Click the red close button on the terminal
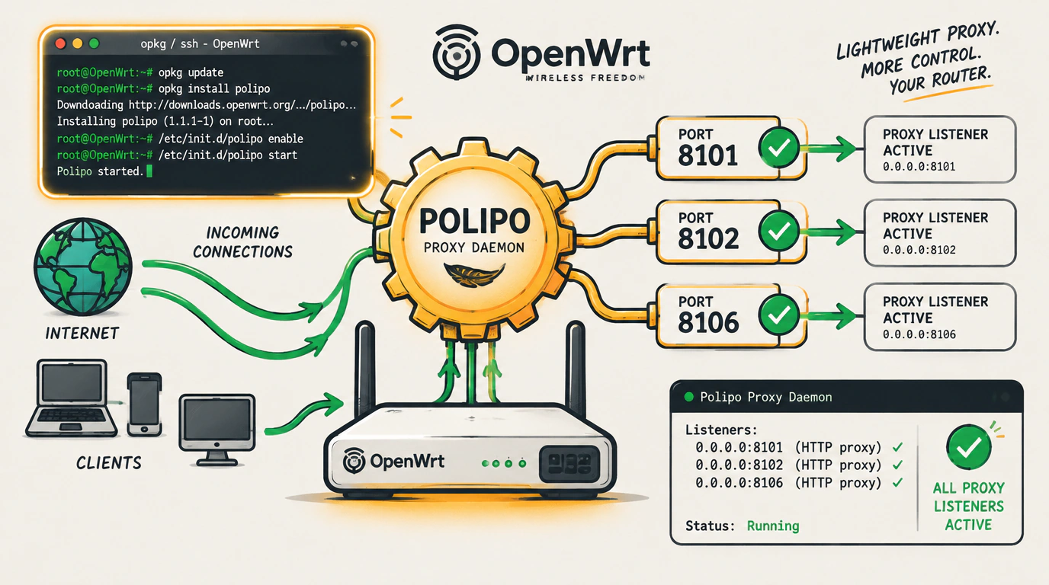point(60,43)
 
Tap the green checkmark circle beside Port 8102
point(779,231)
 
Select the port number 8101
point(707,156)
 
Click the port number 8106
point(708,323)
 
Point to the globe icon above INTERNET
point(83,266)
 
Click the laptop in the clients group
point(71,398)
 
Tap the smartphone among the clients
point(144,404)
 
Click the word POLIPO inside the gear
point(474,221)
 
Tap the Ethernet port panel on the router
point(569,463)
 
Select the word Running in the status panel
point(773,526)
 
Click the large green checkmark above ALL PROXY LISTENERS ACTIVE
point(968,447)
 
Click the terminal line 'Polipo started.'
point(100,171)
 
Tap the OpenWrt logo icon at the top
point(456,53)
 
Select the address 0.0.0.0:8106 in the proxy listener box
point(919,334)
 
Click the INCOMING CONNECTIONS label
point(242,242)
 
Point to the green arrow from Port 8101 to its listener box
point(829,149)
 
